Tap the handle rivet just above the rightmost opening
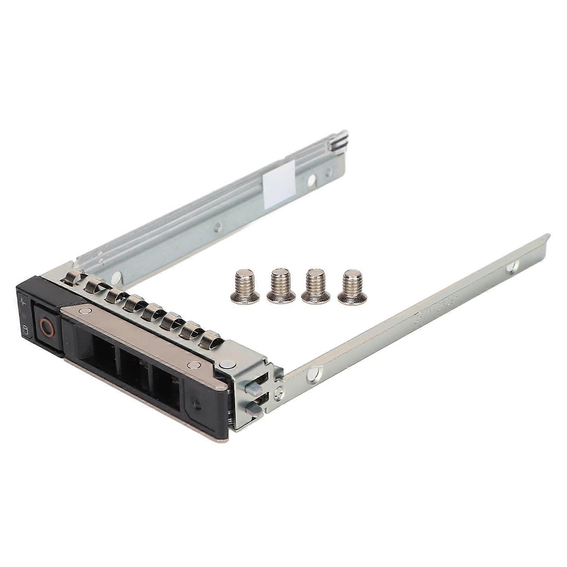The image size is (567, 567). point(194,365)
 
